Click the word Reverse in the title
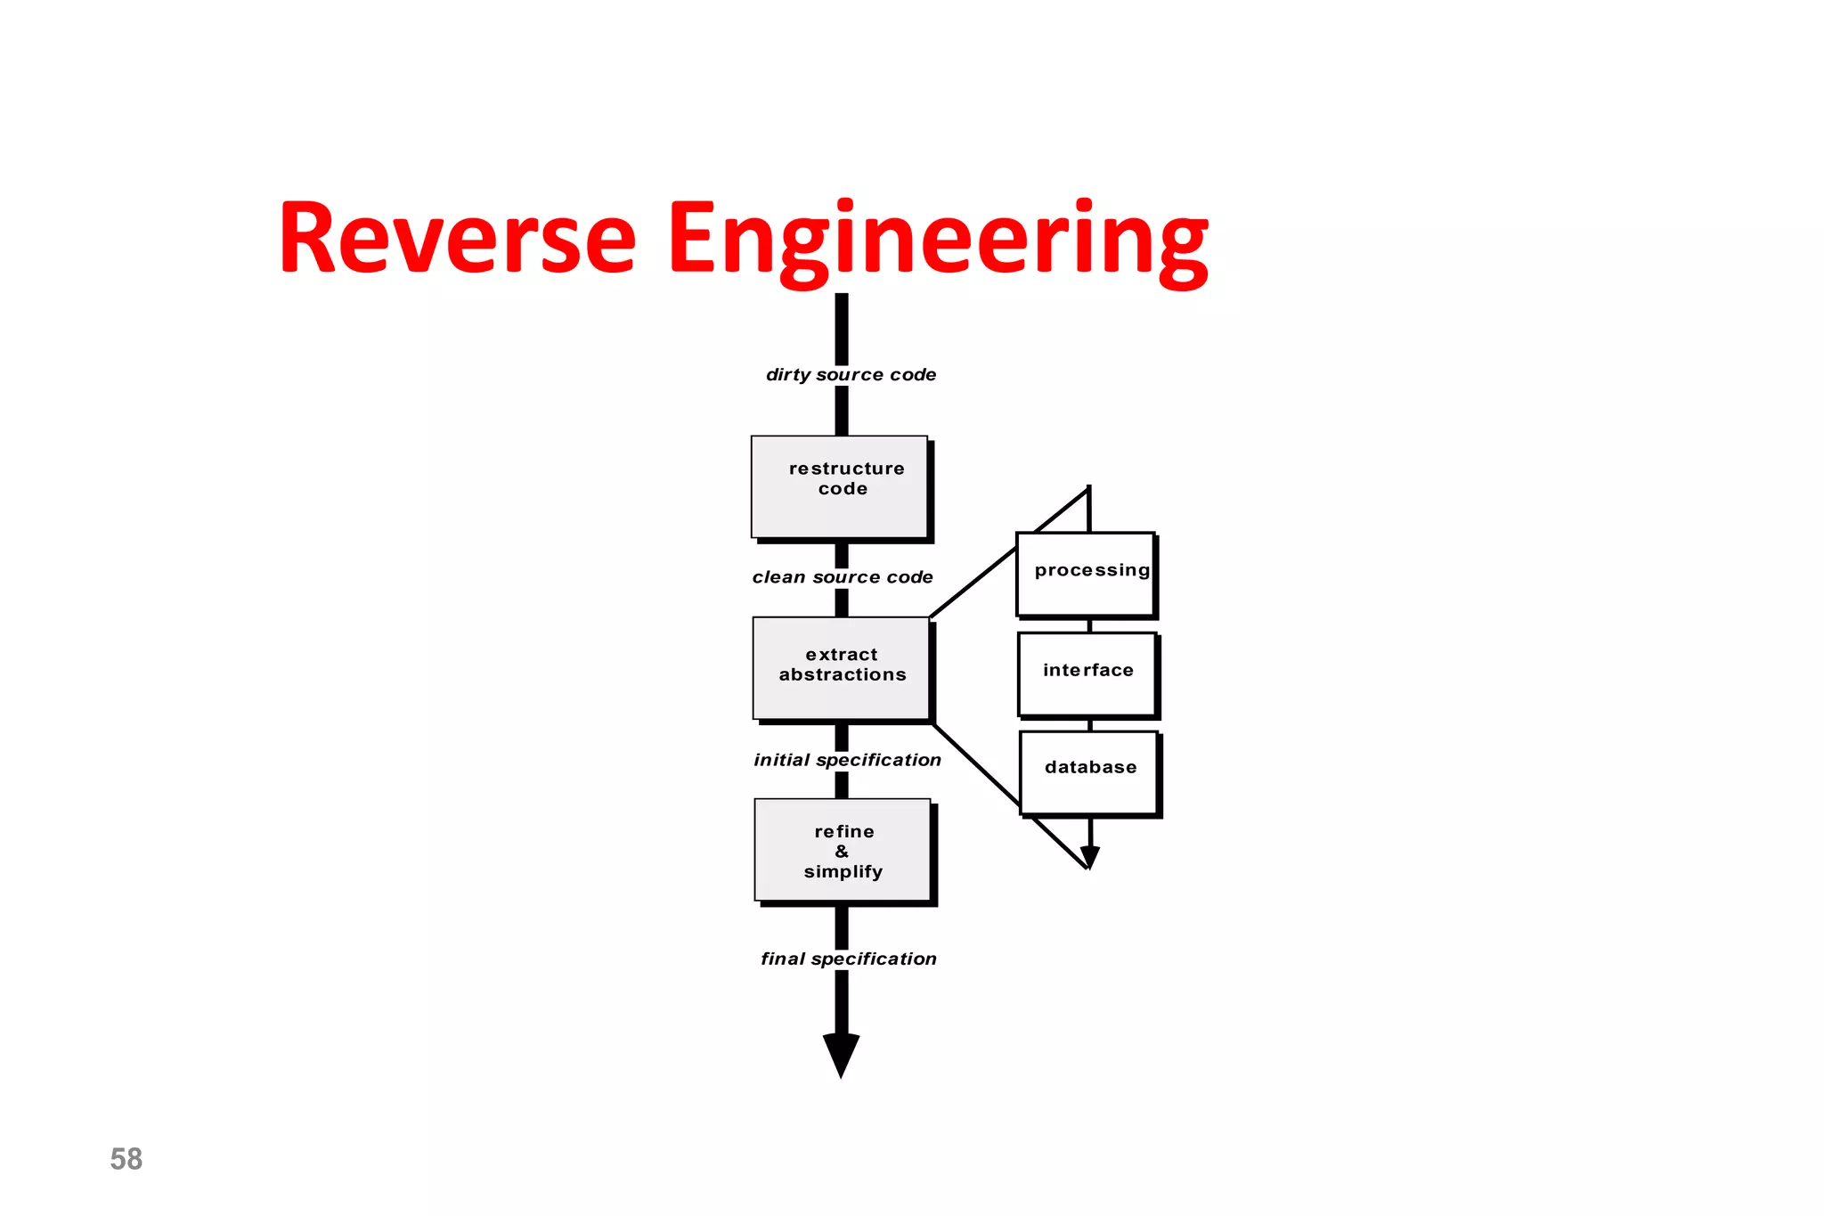(457, 239)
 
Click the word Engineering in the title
(937, 239)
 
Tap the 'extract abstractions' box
(842, 668)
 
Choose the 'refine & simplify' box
(843, 850)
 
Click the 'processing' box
(1086, 574)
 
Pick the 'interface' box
(1087, 673)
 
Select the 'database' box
(1089, 771)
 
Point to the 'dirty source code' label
(851, 375)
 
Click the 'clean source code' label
(843, 577)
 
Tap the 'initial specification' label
(847, 760)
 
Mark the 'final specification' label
(848, 959)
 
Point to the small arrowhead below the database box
(1089, 857)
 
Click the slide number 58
(126, 1159)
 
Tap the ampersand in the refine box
(842, 852)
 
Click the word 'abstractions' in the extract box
(843, 675)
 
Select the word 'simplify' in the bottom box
(843, 872)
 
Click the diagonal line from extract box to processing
(973, 583)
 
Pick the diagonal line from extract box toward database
(976, 764)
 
